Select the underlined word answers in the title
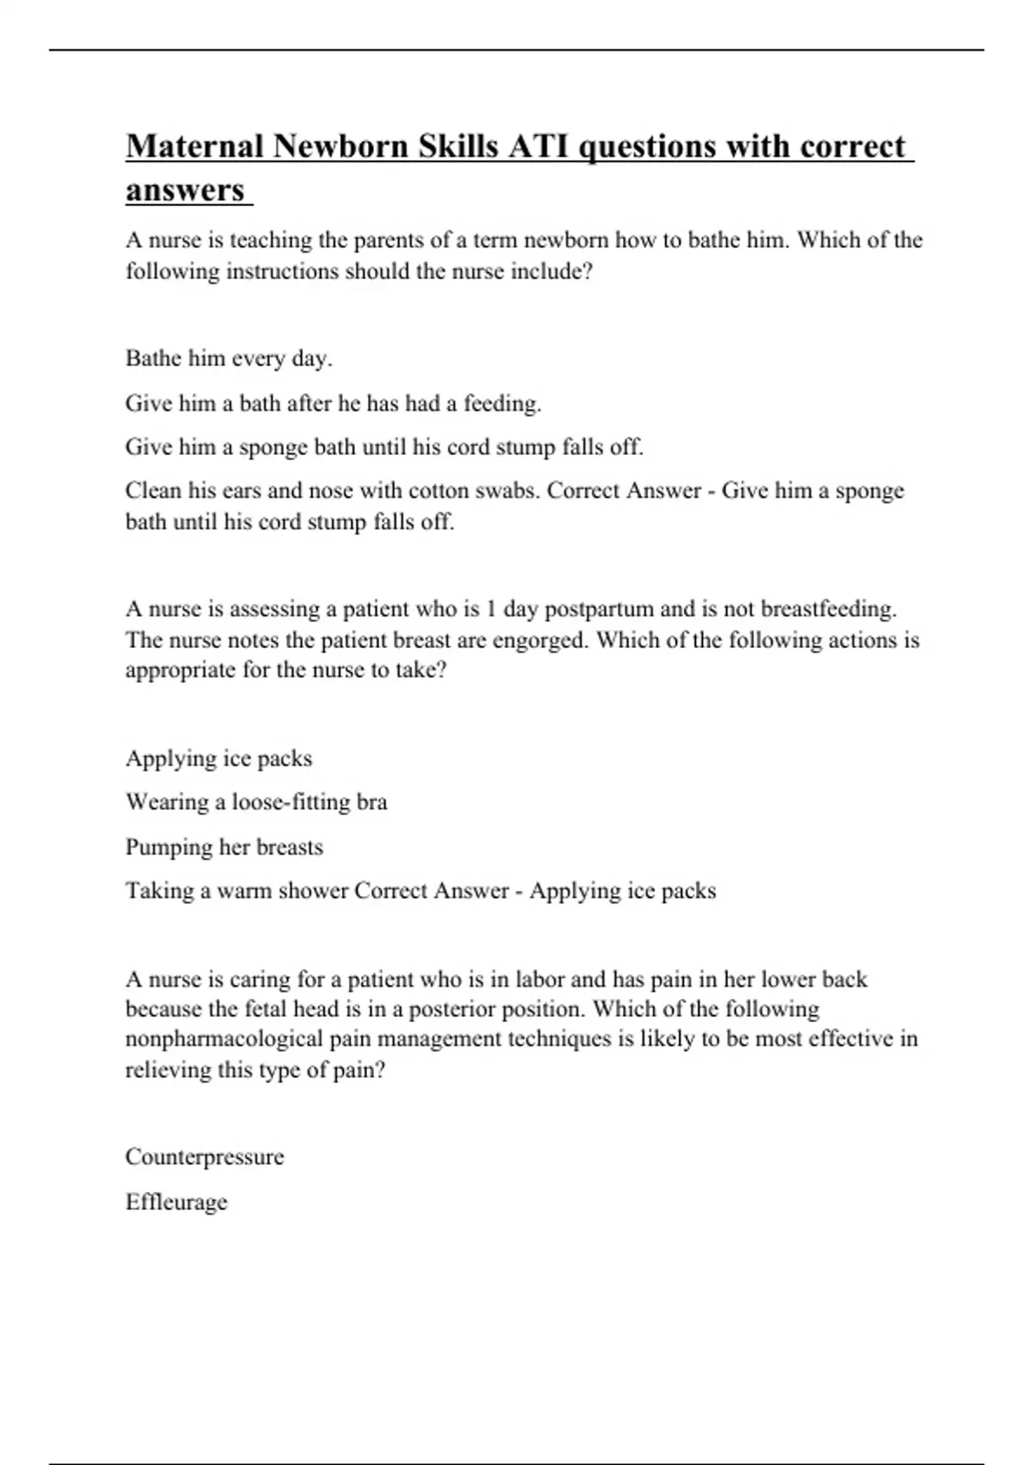pos(185,190)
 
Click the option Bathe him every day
pos(228,358)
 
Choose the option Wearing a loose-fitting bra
pos(256,801)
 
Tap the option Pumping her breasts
pos(224,846)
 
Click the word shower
pos(314,890)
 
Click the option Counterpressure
pos(204,1156)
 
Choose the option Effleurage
pos(176,1201)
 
